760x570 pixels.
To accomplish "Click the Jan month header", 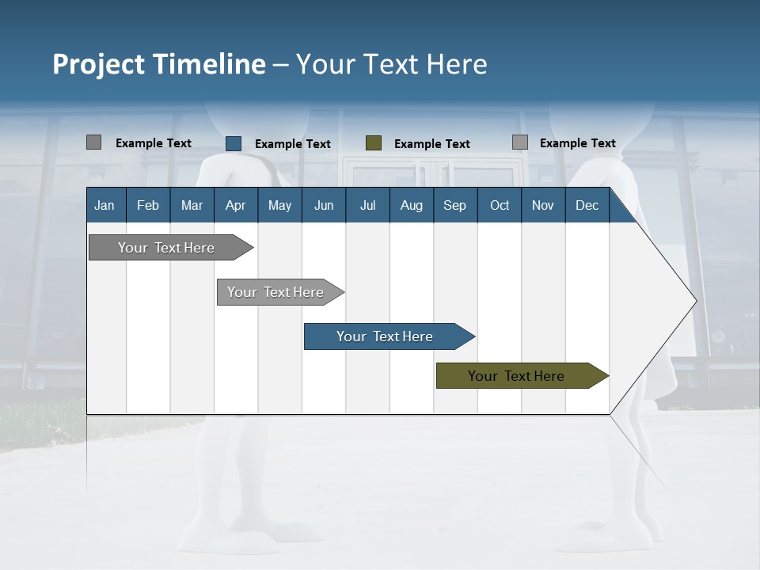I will point(104,205).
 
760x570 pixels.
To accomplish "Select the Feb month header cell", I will point(148,205).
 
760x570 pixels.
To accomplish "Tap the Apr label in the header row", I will point(235,205).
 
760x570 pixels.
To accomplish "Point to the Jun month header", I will point(324,205).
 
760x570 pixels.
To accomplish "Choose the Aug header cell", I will point(411,205).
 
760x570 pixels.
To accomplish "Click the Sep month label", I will point(454,205).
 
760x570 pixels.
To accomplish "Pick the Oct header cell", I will point(500,205).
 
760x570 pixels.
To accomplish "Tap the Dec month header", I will point(587,205).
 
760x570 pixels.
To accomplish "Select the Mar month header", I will point(192,205).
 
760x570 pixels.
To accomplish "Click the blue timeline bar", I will point(385,336).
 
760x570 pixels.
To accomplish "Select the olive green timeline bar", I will point(516,376).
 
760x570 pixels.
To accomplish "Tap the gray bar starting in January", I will point(166,248).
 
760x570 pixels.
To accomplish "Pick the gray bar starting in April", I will point(275,292).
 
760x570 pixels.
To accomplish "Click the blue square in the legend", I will point(234,143).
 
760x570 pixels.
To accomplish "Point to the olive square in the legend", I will point(374,143).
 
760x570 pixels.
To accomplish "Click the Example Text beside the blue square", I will point(293,144).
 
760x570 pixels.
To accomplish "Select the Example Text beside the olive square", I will point(432,144).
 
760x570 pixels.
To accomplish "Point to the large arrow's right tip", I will point(694,301).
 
